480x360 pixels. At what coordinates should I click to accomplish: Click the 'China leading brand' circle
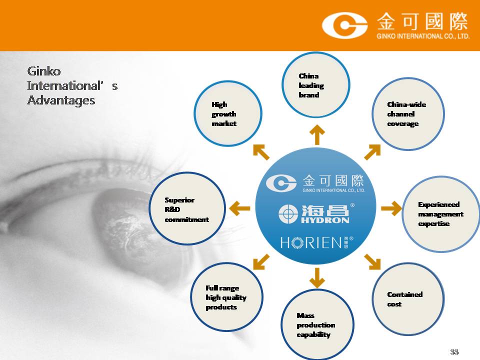[x=315, y=85]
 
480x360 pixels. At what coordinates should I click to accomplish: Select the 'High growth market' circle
[x=228, y=113]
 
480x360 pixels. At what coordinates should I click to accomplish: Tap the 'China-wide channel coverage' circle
[x=408, y=114]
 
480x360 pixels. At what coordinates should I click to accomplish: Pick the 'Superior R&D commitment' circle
[x=187, y=208]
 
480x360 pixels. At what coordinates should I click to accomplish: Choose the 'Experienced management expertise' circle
[x=441, y=214]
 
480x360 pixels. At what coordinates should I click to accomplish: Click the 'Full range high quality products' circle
[x=226, y=297]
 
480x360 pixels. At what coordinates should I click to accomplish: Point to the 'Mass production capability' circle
[x=317, y=324]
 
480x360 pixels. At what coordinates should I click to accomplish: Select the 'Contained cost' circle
[x=408, y=299]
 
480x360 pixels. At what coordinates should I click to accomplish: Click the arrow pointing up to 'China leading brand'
[x=317, y=134]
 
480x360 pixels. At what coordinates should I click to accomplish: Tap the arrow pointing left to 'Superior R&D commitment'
[x=239, y=208]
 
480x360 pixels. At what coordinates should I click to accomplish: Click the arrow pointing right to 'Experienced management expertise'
[x=391, y=208]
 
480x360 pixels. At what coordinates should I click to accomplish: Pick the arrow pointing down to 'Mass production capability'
[x=317, y=278]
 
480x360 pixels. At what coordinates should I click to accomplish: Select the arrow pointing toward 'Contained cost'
[x=372, y=262]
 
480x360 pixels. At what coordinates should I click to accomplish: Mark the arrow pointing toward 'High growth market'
[x=261, y=152]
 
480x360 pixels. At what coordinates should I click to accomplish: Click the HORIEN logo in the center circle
[x=316, y=242]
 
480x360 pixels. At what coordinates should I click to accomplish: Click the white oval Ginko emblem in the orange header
[x=344, y=25]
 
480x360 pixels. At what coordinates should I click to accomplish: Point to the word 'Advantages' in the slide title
[x=61, y=100]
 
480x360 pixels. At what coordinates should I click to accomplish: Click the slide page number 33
[x=454, y=351]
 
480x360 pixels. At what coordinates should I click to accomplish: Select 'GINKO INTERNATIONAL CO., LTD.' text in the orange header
[x=423, y=36]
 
